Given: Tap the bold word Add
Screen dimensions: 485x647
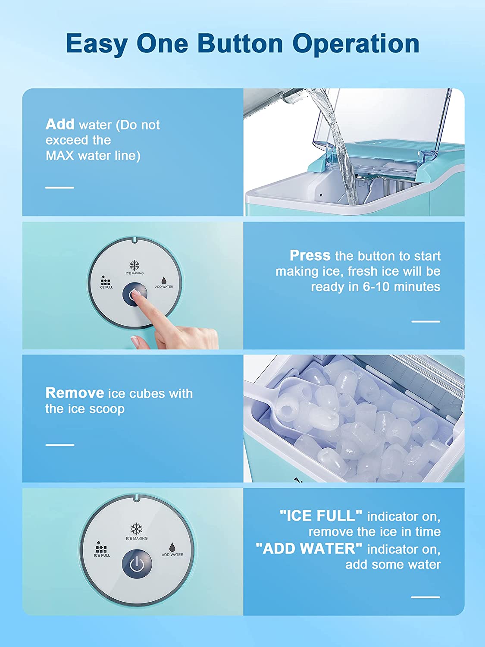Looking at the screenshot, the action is point(60,124).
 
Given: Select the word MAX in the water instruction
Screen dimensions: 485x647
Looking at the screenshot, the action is point(59,156).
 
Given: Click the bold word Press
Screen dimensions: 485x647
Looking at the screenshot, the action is point(310,255).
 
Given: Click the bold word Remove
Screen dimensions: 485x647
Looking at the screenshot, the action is point(75,393).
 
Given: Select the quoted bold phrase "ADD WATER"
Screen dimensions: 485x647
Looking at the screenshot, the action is point(309,549).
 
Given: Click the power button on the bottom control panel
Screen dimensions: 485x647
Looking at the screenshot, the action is point(137,564).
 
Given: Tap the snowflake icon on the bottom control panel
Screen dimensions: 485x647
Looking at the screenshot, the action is point(137,529).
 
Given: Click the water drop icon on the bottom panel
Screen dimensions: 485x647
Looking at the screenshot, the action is point(172,547).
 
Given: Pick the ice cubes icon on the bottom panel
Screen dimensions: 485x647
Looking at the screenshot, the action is point(101,547).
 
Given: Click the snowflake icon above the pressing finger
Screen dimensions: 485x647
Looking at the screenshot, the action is point(135,265).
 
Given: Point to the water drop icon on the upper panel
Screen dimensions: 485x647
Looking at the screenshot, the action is point(164,281).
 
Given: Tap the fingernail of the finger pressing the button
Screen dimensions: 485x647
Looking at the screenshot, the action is point(136,292).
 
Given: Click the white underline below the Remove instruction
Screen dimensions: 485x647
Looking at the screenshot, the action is point(60,445).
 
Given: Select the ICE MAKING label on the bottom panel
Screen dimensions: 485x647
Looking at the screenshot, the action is point(137,538).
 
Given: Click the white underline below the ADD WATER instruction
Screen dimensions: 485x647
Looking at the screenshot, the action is point(426,597).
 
